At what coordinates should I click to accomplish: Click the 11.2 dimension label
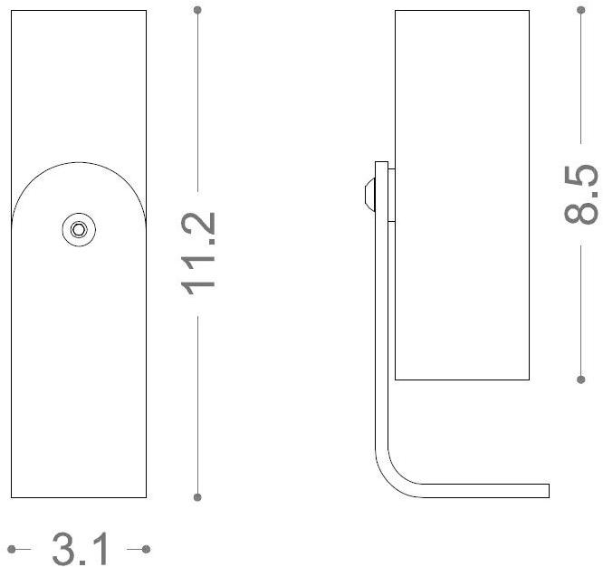(198, 252)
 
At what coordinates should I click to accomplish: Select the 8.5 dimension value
(581, 194)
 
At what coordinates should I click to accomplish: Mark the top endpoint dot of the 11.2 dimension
(198, 10)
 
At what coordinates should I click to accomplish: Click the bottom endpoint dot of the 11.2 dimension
(198, 496)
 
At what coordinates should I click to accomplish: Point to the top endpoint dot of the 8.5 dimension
(581, 10)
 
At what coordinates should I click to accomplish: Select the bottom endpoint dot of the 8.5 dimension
(581, 379)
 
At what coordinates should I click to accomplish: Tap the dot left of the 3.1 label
(11, 549)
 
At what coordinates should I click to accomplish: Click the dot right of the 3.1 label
(146, 549)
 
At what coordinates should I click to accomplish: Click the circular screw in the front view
(79, 229)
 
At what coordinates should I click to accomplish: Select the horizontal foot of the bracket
(480, 491)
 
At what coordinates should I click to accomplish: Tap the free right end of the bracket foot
(548, 491)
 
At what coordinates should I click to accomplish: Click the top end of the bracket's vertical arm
(382, 164)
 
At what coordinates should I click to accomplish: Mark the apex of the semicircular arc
(79, 162)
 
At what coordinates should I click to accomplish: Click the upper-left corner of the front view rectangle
(11, 11)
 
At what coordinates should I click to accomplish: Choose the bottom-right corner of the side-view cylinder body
(529, 379)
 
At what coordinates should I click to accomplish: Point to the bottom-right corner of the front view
(146, 496)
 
